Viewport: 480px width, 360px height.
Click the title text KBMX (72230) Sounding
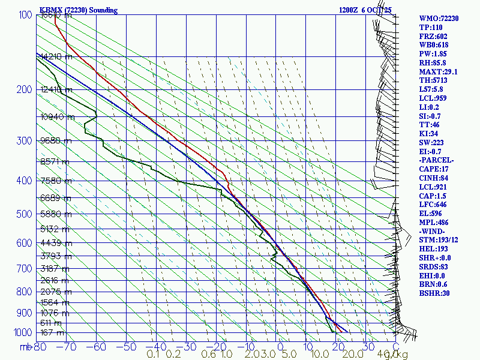coord(78,10)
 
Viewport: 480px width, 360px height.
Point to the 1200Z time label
coord(349,10)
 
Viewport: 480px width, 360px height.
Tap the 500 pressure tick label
coord(23,214)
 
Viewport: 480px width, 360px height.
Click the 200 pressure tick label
coord(23,90)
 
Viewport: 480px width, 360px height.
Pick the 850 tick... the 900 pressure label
coord(23,313)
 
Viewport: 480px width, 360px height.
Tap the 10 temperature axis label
coord(308,347)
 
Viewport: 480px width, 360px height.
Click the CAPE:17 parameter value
coord(436,169)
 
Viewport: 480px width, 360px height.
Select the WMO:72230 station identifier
coord(439,19)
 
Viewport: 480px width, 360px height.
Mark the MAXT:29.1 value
coord(438,71)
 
